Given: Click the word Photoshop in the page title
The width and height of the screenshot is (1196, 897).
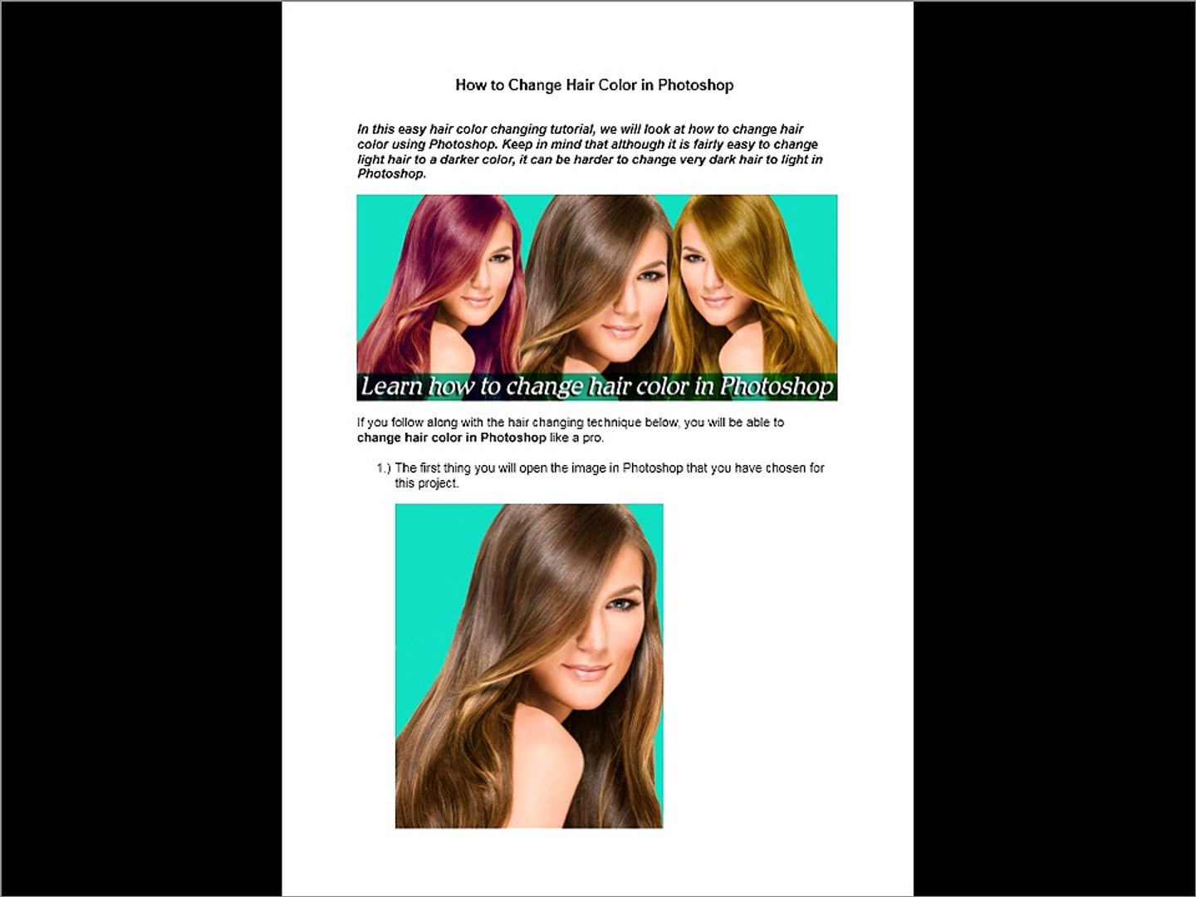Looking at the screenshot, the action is coord(695,86).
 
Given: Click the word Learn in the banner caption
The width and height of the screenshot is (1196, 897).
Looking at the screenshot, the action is coord(392,387).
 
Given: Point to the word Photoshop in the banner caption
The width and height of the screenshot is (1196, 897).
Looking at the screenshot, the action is coord(777,387).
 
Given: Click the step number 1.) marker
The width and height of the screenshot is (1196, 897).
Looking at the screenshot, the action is coord(384,468).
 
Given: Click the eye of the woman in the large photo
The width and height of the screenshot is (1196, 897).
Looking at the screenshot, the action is coord(620,605).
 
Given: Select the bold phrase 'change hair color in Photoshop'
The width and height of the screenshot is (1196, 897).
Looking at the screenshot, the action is coord(452,438).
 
